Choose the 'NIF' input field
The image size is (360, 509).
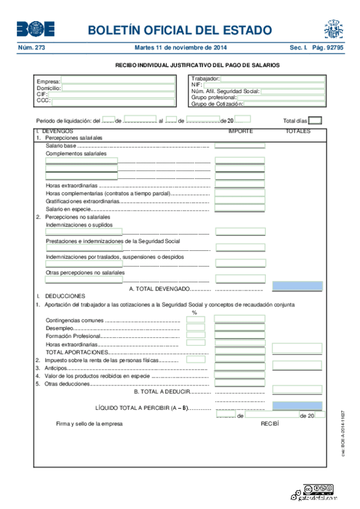click(x=265, y=85)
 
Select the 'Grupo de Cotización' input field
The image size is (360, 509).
click(x=282, y=104)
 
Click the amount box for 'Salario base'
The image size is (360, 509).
click(x=240, y=145)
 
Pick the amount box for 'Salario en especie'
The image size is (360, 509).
click(x=240, y=208)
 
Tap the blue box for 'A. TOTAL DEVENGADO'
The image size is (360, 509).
click(x=297, y=286)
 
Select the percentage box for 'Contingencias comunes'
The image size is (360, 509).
click(x=196, y=320)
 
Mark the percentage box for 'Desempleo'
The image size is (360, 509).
click(x=196, y=328)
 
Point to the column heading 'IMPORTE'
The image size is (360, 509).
click(x=240, y=130)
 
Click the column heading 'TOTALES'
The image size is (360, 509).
click(x=298, y=130)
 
